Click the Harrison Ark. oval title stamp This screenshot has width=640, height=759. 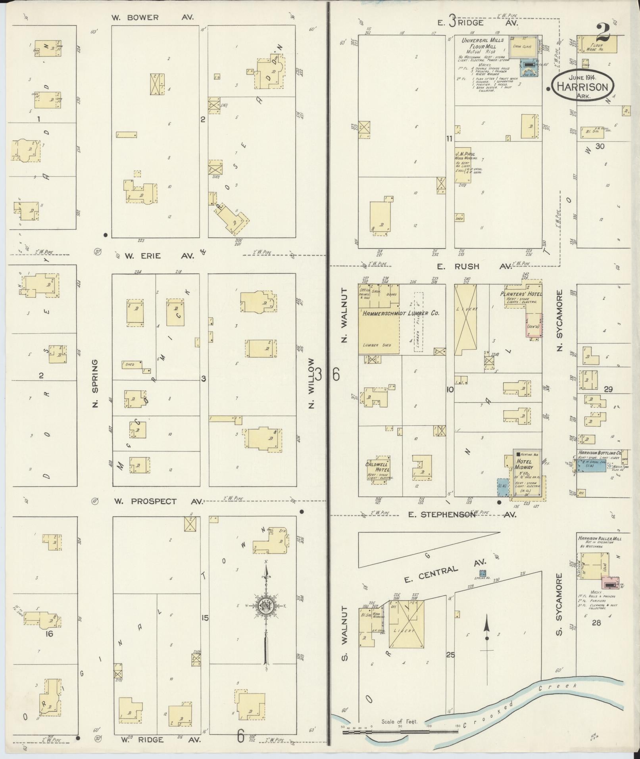pyautogui.click(x=582, y=86)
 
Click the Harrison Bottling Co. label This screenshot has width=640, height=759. pyautogui.click(x=599, y=453)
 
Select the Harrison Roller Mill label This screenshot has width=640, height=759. pyautogui.click(x=600, y=538)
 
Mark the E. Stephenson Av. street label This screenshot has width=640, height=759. pyautogui.click(x=462, y=515)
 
